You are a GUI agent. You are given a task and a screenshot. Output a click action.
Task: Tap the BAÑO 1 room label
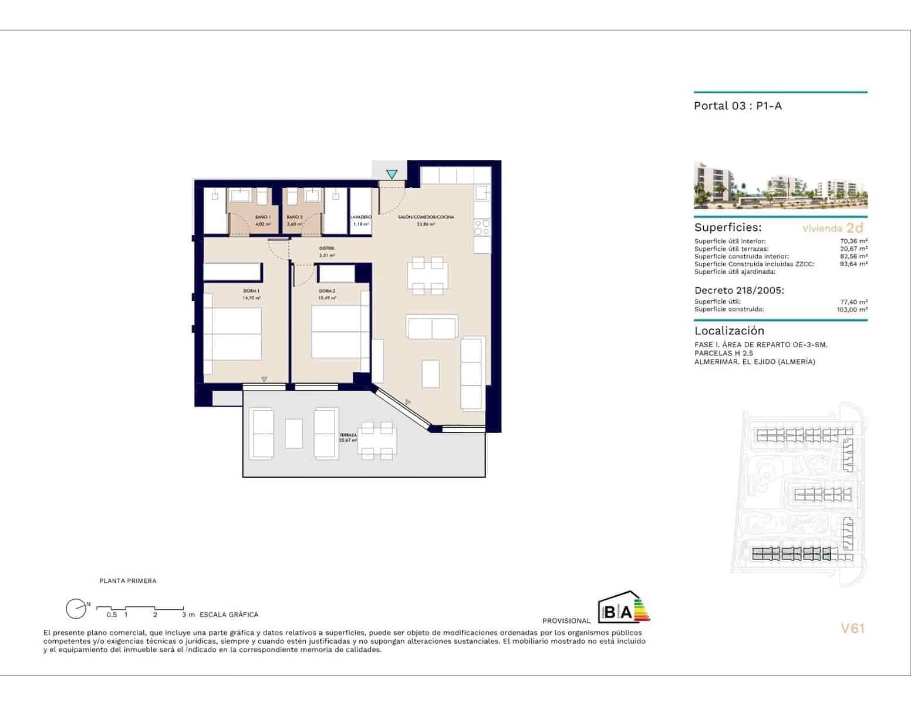262,217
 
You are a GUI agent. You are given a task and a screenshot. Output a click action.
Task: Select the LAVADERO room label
361,217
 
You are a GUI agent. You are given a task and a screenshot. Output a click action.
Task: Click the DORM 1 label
251,291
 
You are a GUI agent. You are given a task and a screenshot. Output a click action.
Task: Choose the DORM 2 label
327,291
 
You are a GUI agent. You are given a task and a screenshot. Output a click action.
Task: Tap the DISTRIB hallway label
327,249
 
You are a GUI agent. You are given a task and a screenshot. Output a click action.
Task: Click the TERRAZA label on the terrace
347,435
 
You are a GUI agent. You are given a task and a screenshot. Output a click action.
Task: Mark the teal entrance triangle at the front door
392,174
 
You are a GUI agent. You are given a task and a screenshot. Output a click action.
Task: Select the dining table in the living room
427,276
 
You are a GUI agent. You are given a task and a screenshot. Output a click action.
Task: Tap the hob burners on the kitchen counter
482,227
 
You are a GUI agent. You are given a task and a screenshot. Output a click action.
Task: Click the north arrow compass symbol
76,609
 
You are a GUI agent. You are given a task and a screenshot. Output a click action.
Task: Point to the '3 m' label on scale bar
188,615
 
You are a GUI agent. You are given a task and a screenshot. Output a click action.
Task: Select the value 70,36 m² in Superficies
853,241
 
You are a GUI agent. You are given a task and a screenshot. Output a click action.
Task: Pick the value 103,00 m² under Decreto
852,310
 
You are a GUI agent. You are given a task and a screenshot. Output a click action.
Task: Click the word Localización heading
729,331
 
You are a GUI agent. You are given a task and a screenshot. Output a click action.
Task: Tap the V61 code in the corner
852,629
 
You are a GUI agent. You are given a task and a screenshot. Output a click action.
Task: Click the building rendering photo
780,185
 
